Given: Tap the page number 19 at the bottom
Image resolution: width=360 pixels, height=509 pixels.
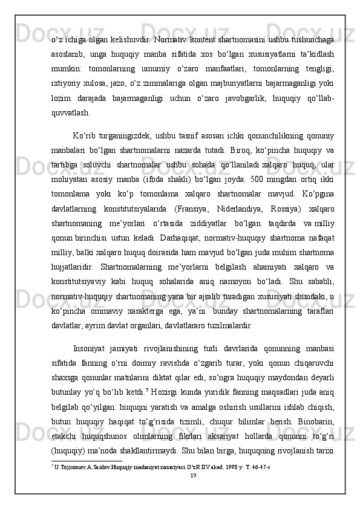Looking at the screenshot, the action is [x=193, y=476].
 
